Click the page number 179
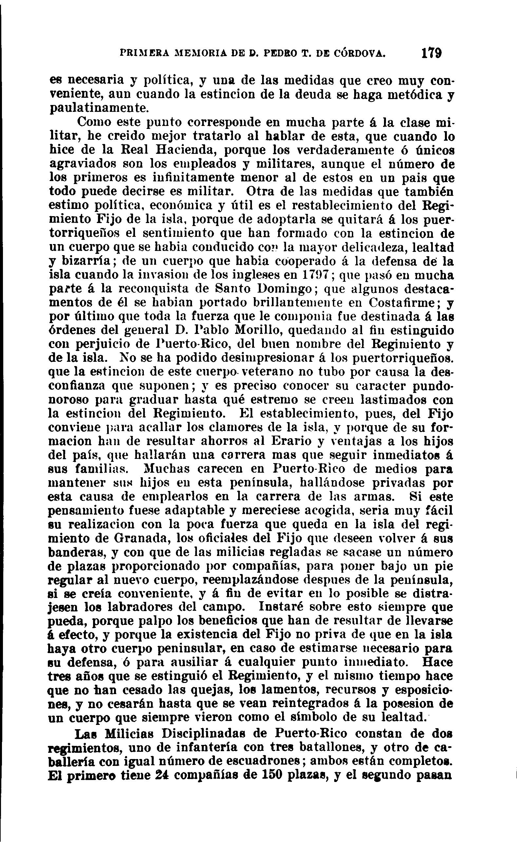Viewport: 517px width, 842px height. point(432,54)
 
